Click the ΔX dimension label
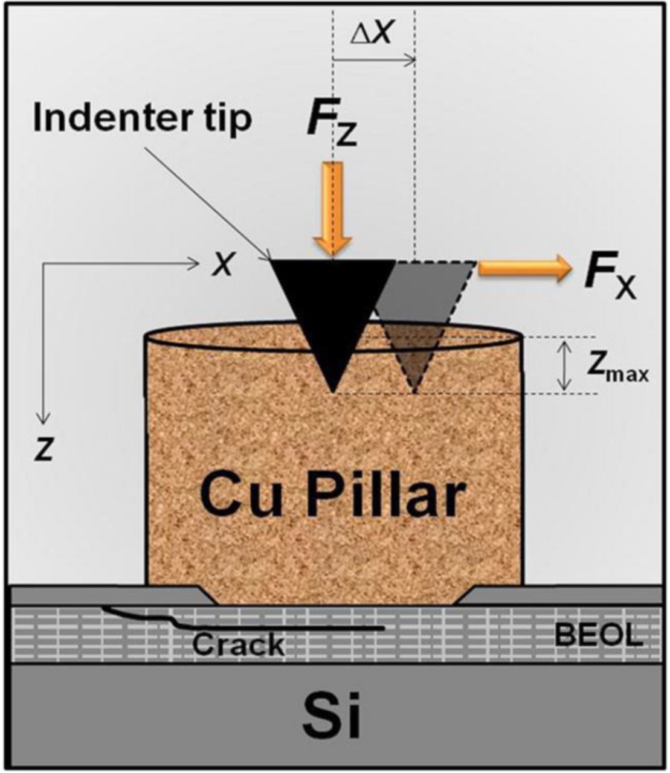tap(373, 35)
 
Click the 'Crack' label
tap(238, 644)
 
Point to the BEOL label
tap(599, 635)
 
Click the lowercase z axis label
tap(43, 451)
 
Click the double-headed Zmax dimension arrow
tap(564, 365)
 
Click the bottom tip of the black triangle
tap(333, 390)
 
